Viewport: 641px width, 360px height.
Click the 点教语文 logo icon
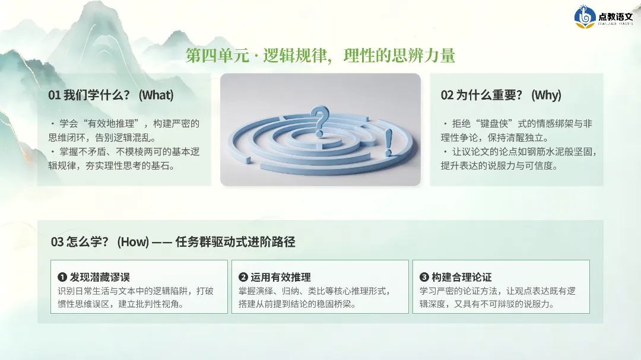pos(585,17)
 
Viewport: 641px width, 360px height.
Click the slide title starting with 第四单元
pos(320,56)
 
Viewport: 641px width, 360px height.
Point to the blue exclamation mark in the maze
pos(388,142)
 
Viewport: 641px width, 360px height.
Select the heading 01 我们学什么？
pos(88,95)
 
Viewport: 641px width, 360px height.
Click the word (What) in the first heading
pos(156,95)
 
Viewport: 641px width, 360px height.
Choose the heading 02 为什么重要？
pos(481,95)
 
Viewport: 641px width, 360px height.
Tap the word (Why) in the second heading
pos(546,95)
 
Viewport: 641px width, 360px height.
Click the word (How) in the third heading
pos(133,242)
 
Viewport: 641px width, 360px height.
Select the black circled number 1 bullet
pos(62,277)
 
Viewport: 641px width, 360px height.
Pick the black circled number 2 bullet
pos(243,277)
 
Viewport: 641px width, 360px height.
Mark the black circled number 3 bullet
pos(424,277)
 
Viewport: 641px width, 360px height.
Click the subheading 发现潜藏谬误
pos(100,277)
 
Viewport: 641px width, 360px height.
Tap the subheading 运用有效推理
pos(281,277)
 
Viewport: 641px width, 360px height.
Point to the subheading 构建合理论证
pos(462,277)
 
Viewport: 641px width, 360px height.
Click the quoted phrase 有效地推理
pos(111,124)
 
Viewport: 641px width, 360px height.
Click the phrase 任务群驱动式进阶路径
pos(235,242)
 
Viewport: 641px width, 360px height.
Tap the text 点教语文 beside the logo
pos(615,17)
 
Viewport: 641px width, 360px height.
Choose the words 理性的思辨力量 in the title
pos(399,56)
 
